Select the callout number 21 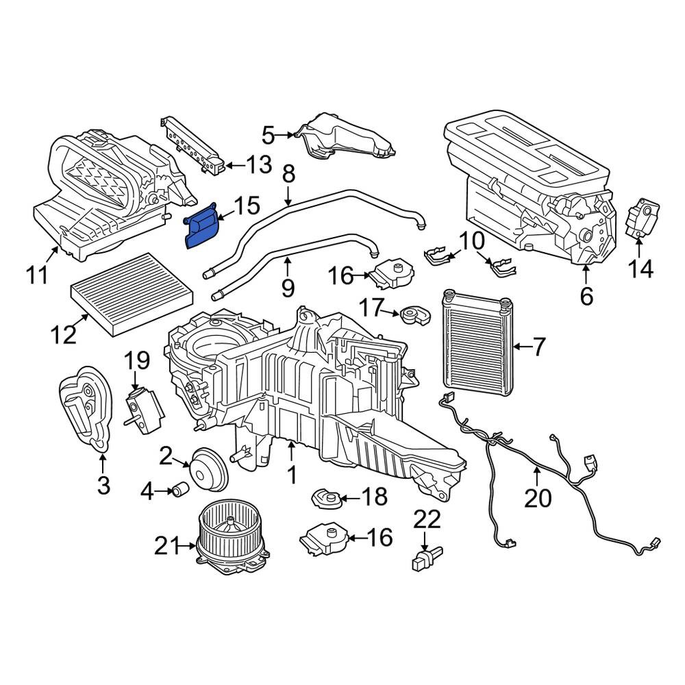click(167, 546)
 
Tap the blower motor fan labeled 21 click(232, 539)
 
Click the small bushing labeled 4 click(180, 489)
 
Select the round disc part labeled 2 click(209, 469)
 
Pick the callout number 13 click(259, 164)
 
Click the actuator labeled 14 click(643, 217)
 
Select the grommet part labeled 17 click(415, 315)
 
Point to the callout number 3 click(103, 485)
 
